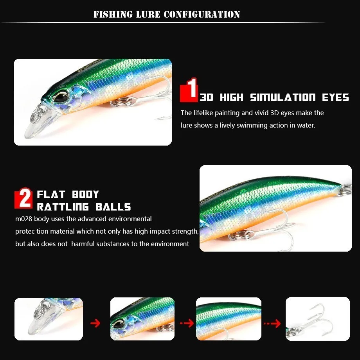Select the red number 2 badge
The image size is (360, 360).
[23, 199]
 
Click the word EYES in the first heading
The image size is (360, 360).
[335, 97]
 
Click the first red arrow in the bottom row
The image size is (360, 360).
[95, 323]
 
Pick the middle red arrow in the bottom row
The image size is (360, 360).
[187, 323]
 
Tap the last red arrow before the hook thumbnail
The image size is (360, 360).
[272, 324]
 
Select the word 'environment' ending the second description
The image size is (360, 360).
[171, 244]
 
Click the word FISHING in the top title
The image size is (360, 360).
[108, 15]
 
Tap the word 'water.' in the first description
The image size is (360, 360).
[305, 125]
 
